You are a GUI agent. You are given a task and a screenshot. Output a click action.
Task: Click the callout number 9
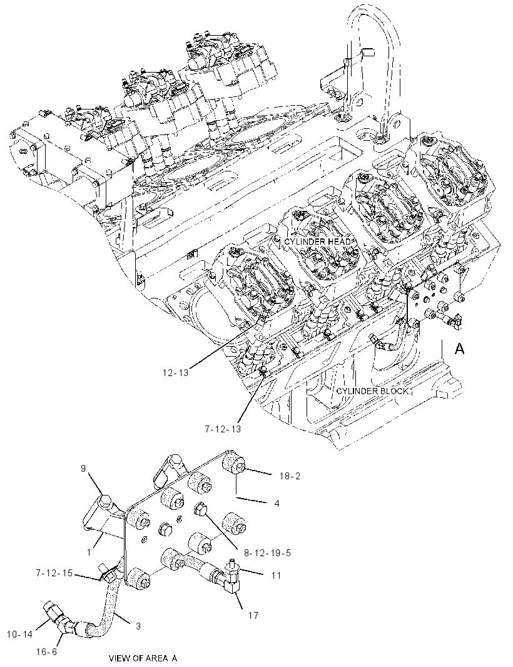(x=83, y=469)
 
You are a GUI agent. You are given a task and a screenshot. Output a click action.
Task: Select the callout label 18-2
(x=290, y=476)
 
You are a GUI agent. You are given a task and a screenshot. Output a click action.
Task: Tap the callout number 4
(x=277, y=503)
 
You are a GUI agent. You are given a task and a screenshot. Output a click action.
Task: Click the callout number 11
(x=276, y=575)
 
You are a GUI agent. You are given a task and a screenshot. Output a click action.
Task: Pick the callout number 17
(x=253, y=615)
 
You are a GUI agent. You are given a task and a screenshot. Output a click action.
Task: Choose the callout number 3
(x=138, y=626)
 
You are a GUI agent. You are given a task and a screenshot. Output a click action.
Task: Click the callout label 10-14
(x=20, y=634)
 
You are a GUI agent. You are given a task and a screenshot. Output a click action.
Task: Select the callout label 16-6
(x=46, y=652)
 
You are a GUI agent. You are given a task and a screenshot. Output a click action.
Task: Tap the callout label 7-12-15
(x=54, y=573)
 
